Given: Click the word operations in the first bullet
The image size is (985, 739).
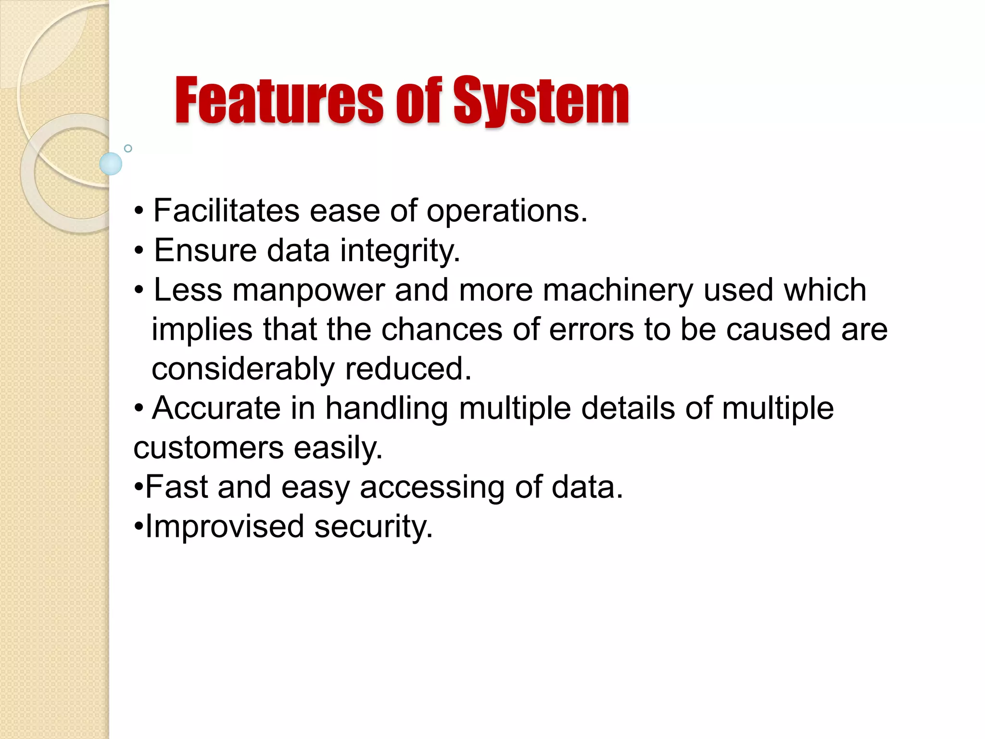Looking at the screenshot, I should [x=507, y=212].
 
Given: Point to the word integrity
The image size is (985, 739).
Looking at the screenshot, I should [x=400, y=251].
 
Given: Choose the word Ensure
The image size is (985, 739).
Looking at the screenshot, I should [x=205, y=251].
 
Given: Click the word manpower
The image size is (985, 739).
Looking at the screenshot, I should [x=309, y=291].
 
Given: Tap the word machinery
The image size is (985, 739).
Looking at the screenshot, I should [x=618, y=291].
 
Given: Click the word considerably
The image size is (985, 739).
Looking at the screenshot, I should [x=243, y=369].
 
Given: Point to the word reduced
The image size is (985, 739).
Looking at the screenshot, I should [x=408, y=369].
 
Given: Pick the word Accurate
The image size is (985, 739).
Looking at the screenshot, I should [x=216, y=408].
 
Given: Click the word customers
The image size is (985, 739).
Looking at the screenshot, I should [x=208, y=448].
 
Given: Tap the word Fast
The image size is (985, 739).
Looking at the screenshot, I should [x=176, y=487].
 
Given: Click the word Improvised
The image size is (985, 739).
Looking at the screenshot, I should [x=225, y=526].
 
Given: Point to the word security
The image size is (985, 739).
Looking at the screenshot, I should [x=374, y=527].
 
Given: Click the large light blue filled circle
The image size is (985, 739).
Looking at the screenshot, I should [x=111, y=164].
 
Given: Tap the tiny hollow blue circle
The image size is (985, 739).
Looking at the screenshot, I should [x=128, y=148].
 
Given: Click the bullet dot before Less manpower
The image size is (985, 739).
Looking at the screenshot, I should [x=139, y=291].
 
